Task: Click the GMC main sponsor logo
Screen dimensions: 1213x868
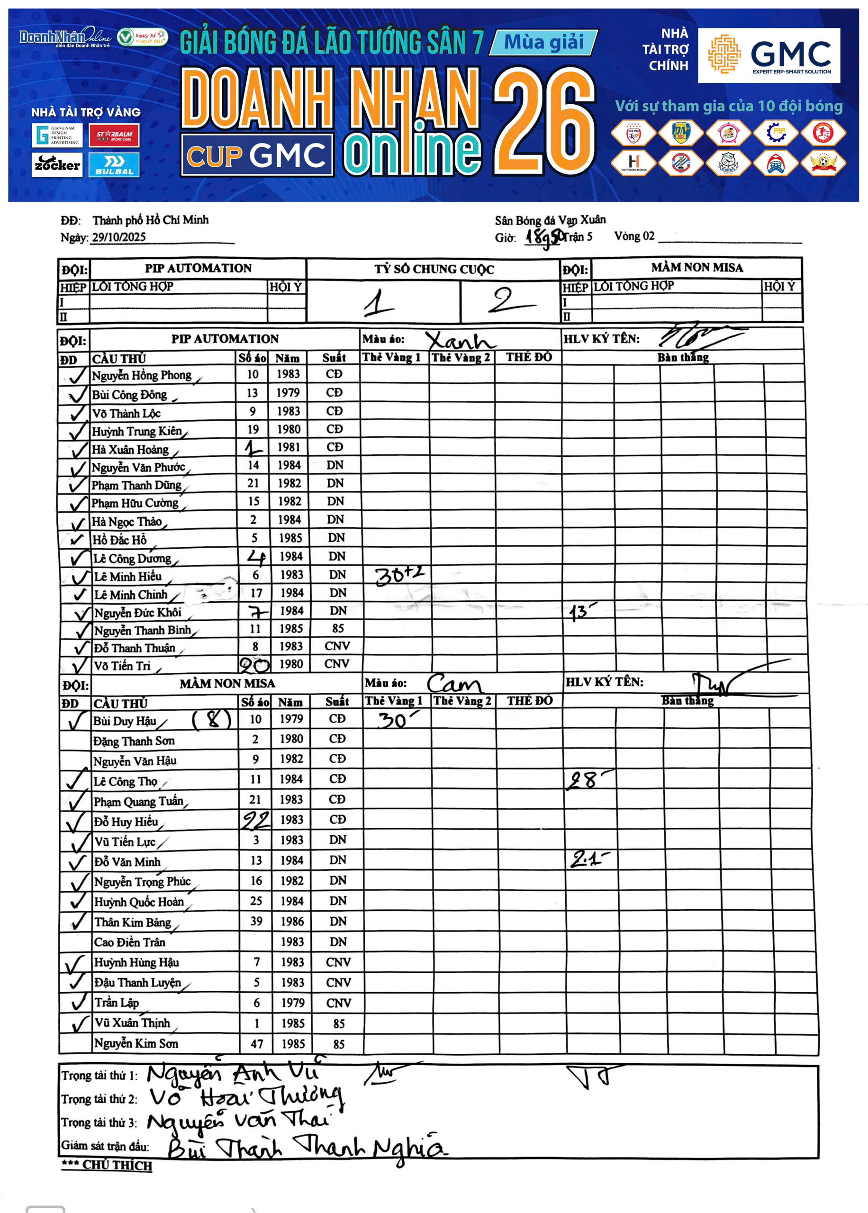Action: tap(769, 55)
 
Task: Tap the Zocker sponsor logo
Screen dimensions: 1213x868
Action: tap(57, 164)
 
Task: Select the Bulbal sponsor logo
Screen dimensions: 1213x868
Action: tap(114, 164)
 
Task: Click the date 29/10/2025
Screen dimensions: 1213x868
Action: tap(118, 237)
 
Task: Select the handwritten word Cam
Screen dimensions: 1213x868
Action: tap(454, 683)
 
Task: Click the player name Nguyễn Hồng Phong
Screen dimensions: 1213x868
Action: tap(142, 375)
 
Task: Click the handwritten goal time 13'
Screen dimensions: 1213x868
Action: tap(581, 611)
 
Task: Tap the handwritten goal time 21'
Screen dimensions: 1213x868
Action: tap(587, 859)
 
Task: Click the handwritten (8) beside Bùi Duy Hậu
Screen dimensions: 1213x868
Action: tap(212, 720)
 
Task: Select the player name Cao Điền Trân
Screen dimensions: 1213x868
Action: tap(129, 941)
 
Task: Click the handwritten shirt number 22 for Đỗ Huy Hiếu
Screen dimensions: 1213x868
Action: tap(255, 820)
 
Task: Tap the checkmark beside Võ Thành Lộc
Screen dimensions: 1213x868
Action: tap(78, 413)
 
